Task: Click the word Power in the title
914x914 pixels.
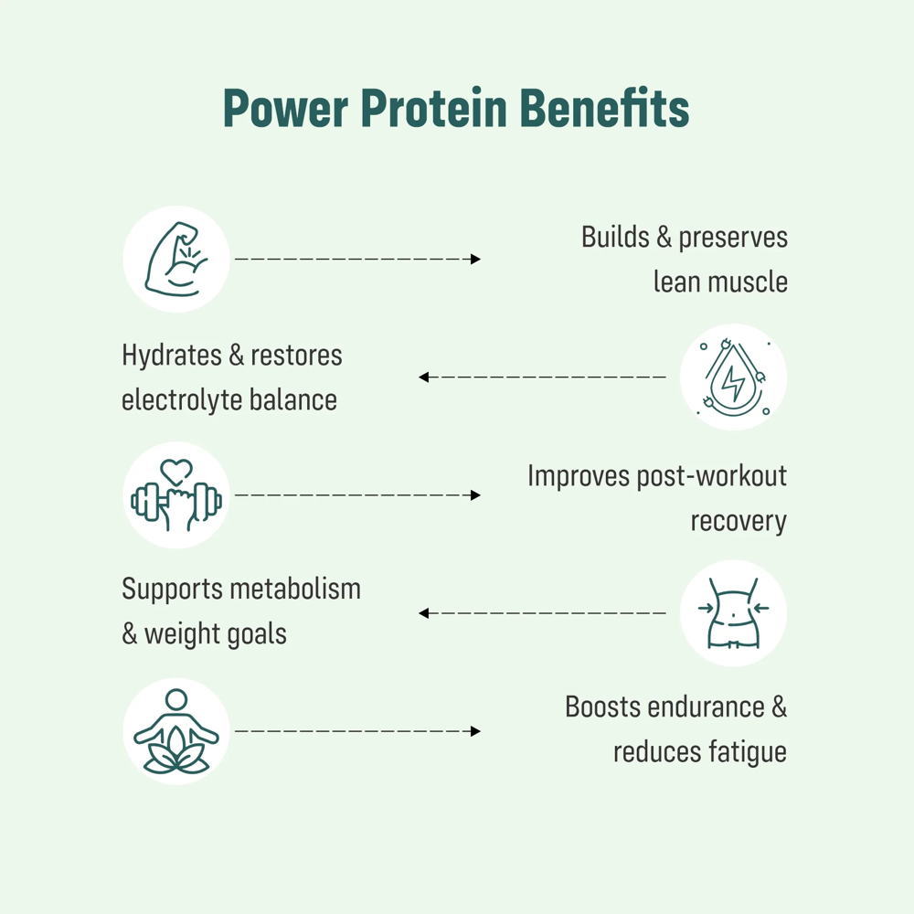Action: click(x=283, y=110)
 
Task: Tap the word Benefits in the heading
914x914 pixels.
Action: click(x=604, y=110)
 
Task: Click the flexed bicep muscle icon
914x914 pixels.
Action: click(x=176, y=259)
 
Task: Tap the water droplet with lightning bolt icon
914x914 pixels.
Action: click(x=733, y=377)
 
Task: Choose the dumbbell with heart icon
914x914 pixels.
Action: click(x=176, y=495)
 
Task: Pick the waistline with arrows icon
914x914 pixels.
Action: click(x=733, y=613)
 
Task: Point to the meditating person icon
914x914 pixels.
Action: click(x=176, y=731)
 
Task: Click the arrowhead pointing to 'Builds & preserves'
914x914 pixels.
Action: click(x=475, y=260)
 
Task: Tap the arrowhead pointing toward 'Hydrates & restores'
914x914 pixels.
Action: click(x=424, y=377)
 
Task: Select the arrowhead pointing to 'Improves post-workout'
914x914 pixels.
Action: click(x=475, y=495)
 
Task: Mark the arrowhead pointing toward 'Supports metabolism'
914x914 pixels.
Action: click(x=424, y=613)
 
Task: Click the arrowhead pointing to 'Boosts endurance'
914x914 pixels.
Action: click(x=475, y=731)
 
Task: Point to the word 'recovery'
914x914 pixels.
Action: click(x=738, y=521)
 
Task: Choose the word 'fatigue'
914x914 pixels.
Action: click(x=746, y=752)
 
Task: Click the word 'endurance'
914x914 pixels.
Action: click(x=702, y=707)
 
